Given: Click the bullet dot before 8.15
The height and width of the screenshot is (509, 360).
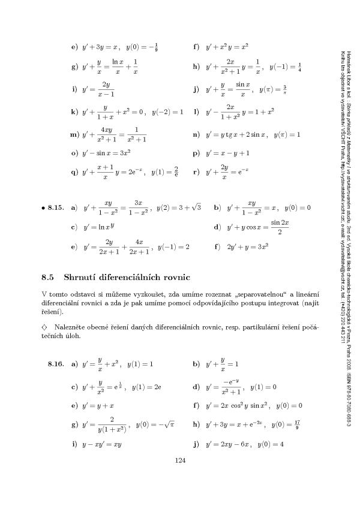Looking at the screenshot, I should click(43, 208).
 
